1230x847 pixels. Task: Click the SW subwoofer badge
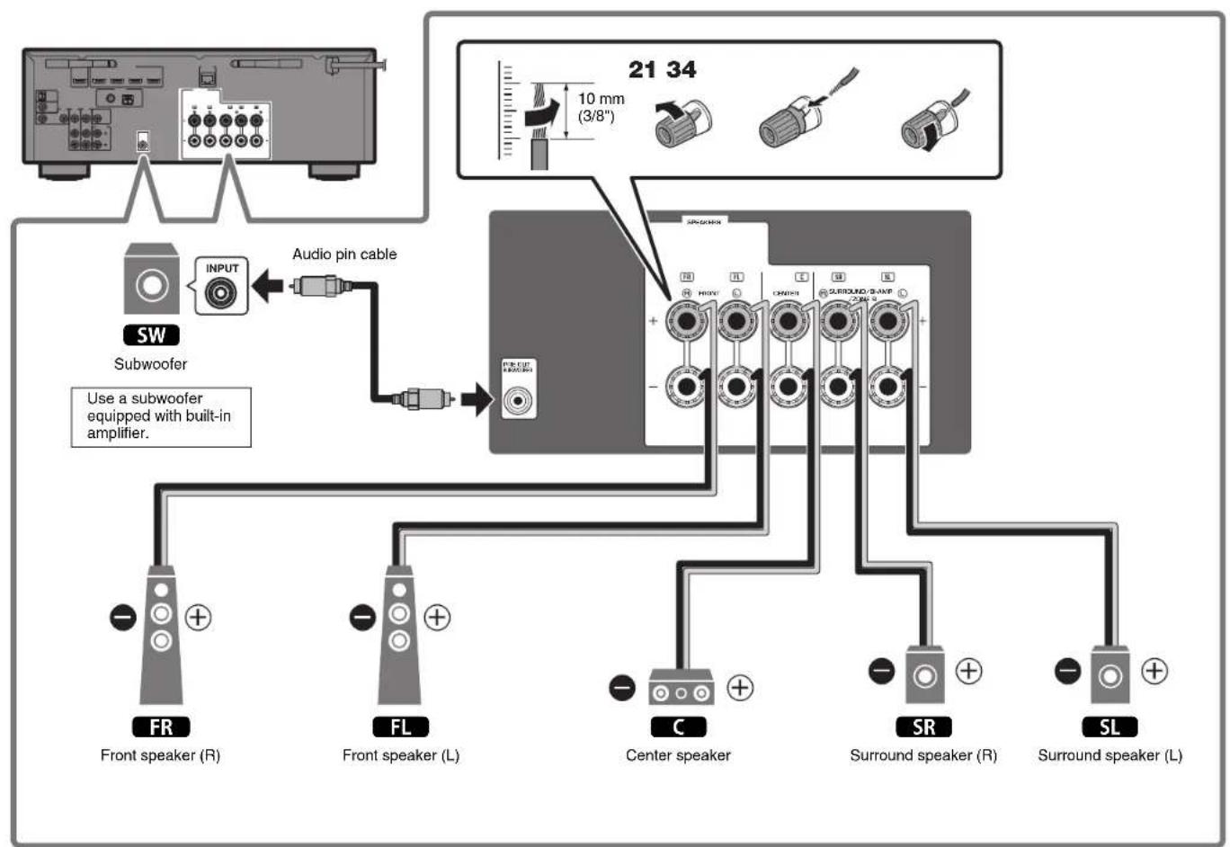[151, 335]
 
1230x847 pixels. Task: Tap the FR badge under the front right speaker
[161, 727]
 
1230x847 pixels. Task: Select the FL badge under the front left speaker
[400, 727]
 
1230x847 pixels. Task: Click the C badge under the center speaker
[678, 727]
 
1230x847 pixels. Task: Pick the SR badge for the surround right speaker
[923, 727]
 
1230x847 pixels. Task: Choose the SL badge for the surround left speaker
[1110, 727]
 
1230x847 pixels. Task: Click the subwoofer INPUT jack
[221, 293]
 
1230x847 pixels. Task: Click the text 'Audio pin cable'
[344, 254]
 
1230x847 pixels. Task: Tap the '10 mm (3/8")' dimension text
[601, 107]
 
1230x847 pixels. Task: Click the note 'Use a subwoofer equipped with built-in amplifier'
[160, 415]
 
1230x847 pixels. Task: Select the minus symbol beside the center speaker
[622, 688]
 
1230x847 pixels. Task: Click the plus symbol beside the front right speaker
[198, 618]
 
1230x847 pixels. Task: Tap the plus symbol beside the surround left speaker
[1154, 671]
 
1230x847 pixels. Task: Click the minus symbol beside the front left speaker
[362, 618]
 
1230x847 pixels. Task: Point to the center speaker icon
[681, 689]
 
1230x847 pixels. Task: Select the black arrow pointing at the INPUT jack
[267, 288]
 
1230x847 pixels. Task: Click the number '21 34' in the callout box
[662, 69]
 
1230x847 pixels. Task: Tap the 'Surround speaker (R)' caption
[923, 755]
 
